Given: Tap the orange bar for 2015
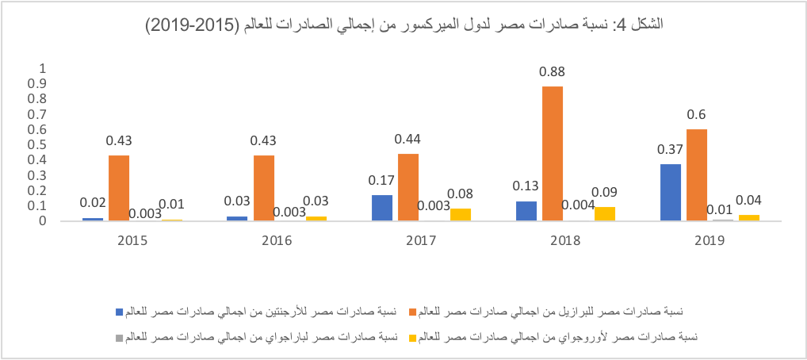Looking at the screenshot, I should point(118,188).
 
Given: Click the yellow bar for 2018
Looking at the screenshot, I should point(604,213).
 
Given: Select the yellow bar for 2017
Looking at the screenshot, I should point(459,214).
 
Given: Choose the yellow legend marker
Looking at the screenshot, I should point(411,338).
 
